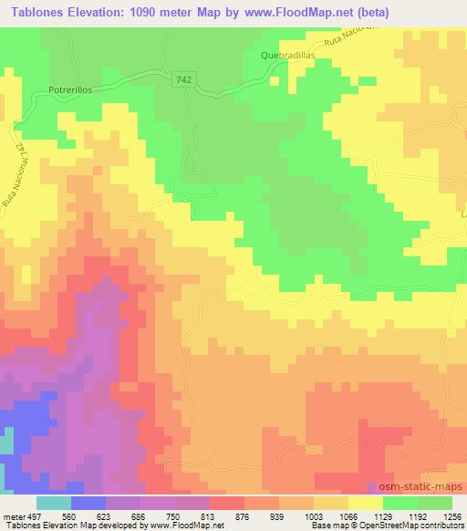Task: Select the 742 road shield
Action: [182, 80]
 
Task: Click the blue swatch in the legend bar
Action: [88, 502]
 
